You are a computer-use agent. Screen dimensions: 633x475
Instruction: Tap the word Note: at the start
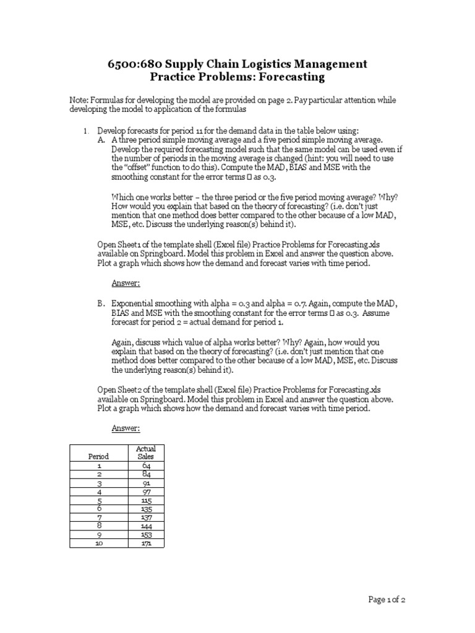79,100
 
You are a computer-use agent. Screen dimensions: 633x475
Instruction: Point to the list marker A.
101,140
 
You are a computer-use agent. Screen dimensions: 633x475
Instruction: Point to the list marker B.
101,304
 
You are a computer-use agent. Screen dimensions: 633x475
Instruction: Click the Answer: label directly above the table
126,428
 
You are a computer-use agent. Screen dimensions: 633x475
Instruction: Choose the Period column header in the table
98,456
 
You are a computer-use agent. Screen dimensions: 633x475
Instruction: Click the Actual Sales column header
145,452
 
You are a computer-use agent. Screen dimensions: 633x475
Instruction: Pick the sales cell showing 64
145,465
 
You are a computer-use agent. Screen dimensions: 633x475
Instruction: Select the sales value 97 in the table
145,491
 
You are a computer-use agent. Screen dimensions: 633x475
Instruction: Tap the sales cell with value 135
145,509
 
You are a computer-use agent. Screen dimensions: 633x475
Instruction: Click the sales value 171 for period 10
145,543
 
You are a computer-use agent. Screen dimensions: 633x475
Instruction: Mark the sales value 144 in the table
145,526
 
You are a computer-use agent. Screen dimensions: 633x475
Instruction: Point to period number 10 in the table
98,543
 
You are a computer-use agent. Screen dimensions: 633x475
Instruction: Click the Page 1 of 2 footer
387,599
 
